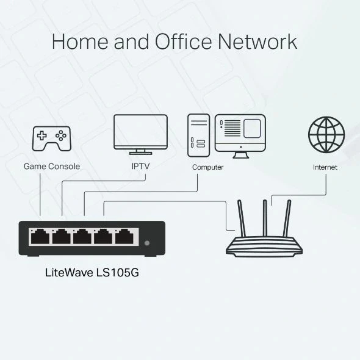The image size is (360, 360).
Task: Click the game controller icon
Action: coord(51,139)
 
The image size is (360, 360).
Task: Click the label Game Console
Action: coord(51,166)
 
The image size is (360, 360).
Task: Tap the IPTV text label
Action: coord(140,166)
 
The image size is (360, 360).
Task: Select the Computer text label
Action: coord(207,167)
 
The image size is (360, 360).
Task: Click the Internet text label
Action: coord(325,167)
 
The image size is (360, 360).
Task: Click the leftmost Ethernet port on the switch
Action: coord(40,236)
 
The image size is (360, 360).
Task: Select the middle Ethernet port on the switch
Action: coord(82,236)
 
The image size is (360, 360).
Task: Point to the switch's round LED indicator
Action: coord(146,243)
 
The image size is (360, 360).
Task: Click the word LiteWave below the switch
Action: coord(69,273)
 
